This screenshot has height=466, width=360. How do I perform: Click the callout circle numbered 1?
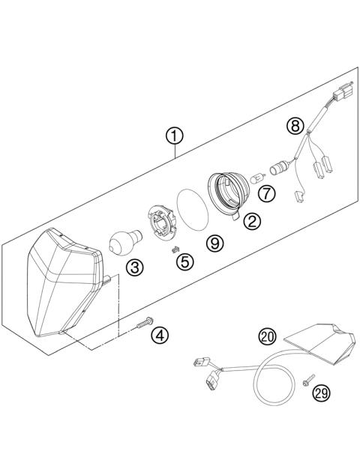(x=174, y=136)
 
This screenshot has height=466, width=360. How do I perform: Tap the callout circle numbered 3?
(x=134, y=267)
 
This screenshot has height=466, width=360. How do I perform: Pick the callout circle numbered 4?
(x=159, y=335)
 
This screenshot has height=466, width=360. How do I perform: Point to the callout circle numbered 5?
(x=184, y=261)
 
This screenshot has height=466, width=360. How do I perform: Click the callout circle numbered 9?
(x=214, y=243)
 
